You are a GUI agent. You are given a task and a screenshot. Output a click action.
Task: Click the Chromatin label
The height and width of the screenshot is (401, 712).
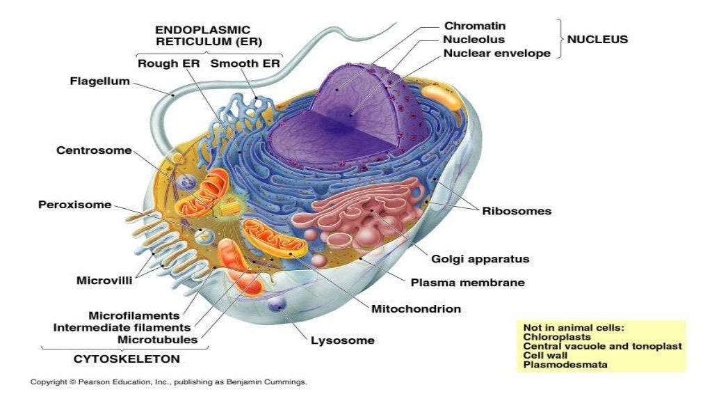(x=474, y=26)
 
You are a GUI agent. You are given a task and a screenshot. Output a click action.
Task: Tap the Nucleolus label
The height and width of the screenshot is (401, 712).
(x=474, y=40)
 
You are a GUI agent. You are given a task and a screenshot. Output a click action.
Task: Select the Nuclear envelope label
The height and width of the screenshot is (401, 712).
(x=496, y=53)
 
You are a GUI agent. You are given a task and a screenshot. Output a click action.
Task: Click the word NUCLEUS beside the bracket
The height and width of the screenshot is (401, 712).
(x=597, y=40)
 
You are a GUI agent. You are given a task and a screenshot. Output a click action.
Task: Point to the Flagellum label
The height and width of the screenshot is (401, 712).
(x=99, y=81)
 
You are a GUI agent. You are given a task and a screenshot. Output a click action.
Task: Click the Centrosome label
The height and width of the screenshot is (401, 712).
(x=94, y=151)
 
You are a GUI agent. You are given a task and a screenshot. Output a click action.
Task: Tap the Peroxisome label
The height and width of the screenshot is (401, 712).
(x=74, y=205)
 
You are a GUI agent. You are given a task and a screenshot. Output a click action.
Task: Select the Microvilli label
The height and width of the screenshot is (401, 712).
(x=104, y=281)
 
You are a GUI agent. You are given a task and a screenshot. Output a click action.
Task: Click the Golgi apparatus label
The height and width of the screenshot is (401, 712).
(x=480, y=259)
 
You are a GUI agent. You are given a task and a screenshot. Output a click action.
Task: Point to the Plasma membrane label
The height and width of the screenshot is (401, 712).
(x=467, y=283)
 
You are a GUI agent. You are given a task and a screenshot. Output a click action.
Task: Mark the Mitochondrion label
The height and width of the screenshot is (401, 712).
(x=416, y=308)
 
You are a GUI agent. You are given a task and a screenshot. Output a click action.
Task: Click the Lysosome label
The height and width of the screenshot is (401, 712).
(x=342, y=340)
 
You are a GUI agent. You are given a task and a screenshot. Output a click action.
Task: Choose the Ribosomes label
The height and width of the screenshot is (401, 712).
(x=517, y=210)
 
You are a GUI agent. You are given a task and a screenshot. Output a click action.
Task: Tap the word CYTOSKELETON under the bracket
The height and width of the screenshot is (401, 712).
(x=127, y=359)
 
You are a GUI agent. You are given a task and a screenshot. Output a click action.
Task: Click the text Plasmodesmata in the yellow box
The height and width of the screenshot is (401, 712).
(x=565, y=364)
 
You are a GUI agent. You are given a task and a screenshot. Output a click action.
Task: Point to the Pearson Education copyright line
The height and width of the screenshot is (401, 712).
(x=168, y=382)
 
